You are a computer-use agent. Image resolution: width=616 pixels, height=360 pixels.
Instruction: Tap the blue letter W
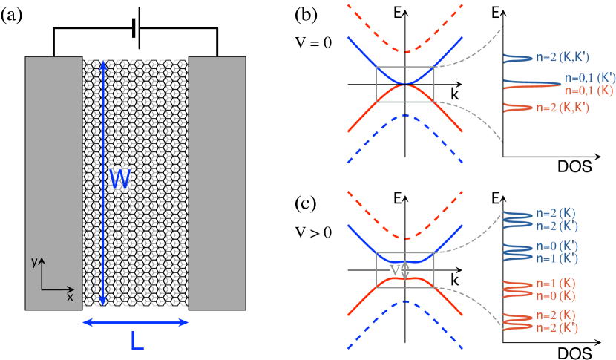(119, 178)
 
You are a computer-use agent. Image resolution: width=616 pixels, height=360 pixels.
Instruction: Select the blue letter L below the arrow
(136, 341)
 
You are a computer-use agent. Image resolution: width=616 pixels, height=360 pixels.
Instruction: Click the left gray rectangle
(53, 183)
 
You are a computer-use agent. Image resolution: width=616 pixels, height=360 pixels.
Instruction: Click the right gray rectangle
(217, 183)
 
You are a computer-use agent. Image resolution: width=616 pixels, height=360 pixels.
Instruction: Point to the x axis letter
(70, 297)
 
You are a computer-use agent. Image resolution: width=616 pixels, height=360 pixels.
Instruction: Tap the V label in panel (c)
(396, 271)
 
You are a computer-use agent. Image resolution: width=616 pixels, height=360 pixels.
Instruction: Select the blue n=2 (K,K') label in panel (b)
(562, 56)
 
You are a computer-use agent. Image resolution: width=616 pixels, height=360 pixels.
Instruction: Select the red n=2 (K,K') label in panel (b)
(562, 108)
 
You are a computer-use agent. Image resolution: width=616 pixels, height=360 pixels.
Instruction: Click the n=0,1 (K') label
(589, 78)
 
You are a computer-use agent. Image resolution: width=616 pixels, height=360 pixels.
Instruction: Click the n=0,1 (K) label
(589, 90)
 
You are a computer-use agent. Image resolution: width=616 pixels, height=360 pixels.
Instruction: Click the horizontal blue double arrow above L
(136, 322)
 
